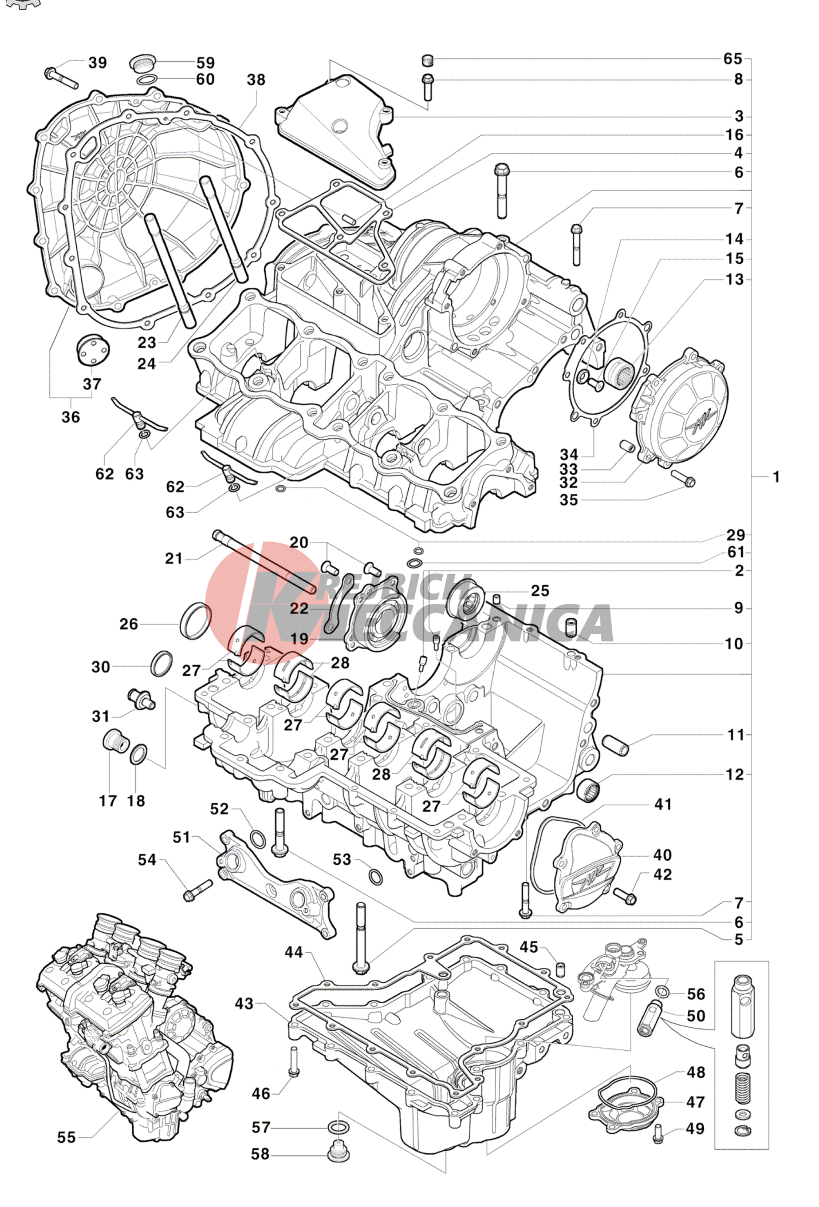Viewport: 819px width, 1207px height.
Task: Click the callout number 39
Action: [x=97, y=63]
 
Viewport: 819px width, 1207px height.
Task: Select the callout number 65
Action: [x=733, y=59]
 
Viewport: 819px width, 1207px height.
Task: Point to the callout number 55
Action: [x=66, y=1137]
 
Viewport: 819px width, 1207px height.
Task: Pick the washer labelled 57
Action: [x=337, y=1127]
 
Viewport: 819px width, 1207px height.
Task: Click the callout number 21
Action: [x=174, y=559]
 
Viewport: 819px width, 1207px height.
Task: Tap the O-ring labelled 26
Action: [x=195, y=620]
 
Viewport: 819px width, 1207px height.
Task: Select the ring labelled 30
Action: [x=162, y=663]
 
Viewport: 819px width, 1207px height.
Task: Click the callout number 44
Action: [x=294, y=952]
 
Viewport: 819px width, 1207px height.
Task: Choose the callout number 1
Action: [x=776, y=477]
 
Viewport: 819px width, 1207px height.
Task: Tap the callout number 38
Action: [x=256, y=80]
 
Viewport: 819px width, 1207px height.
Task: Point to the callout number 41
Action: [x=663, y=804]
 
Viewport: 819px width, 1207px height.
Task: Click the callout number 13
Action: [x=734, y=280]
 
